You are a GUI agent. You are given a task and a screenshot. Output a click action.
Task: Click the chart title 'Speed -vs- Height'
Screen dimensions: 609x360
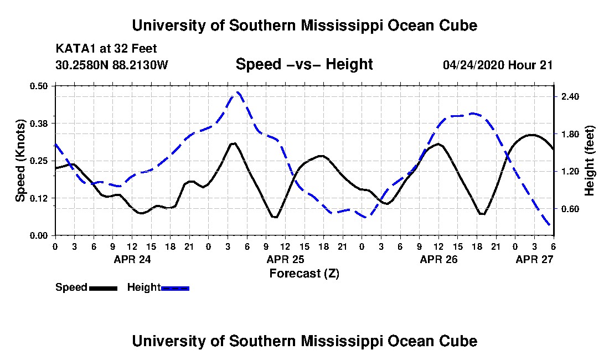pyautogui.click(x=304, y=64)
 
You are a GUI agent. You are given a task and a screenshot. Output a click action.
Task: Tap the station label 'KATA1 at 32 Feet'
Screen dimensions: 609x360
pyautogui.click(x=106, y=49)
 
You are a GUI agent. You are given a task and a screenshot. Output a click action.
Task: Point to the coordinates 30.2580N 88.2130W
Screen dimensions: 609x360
pyautogui.click(x=112, y=65)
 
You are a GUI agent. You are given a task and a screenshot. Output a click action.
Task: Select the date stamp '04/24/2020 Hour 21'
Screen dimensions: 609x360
pyautogui.click(x=498, y=65)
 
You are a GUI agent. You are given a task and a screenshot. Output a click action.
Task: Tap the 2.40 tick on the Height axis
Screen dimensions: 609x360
pyautogui.click(x=570, y=96)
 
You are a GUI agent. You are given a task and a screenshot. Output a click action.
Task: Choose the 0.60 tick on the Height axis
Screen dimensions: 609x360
pyautogui.click(x=570, y=209)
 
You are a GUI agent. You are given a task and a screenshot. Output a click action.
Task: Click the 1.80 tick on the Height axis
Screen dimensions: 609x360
pyautogui.click(x=570, y=135)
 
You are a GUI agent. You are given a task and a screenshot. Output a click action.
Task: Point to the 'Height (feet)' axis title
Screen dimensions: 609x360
pyautogui.click(x=589, y=161)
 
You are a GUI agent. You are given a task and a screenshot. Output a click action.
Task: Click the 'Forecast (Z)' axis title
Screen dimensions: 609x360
pyautogui.click(x=304, y=274)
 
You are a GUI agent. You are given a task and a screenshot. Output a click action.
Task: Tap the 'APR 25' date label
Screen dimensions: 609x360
pyautogui.click(x=286, y=259)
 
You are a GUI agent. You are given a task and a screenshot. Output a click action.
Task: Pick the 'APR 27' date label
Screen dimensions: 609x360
pyautogui.click(x=534, y=259)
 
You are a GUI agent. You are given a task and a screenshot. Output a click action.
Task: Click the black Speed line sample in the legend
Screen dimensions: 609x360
pyautogui.click(x=103, y=288)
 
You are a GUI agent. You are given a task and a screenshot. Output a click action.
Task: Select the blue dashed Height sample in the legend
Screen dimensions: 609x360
pyautogui.click(x=175, y=288)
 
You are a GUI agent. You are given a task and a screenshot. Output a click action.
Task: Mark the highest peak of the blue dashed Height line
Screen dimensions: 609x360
pyautogui.click(x=238, y=93)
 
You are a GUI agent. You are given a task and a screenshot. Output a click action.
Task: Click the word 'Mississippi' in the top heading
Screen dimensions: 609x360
pyautogui.click(x=341, y=25)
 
